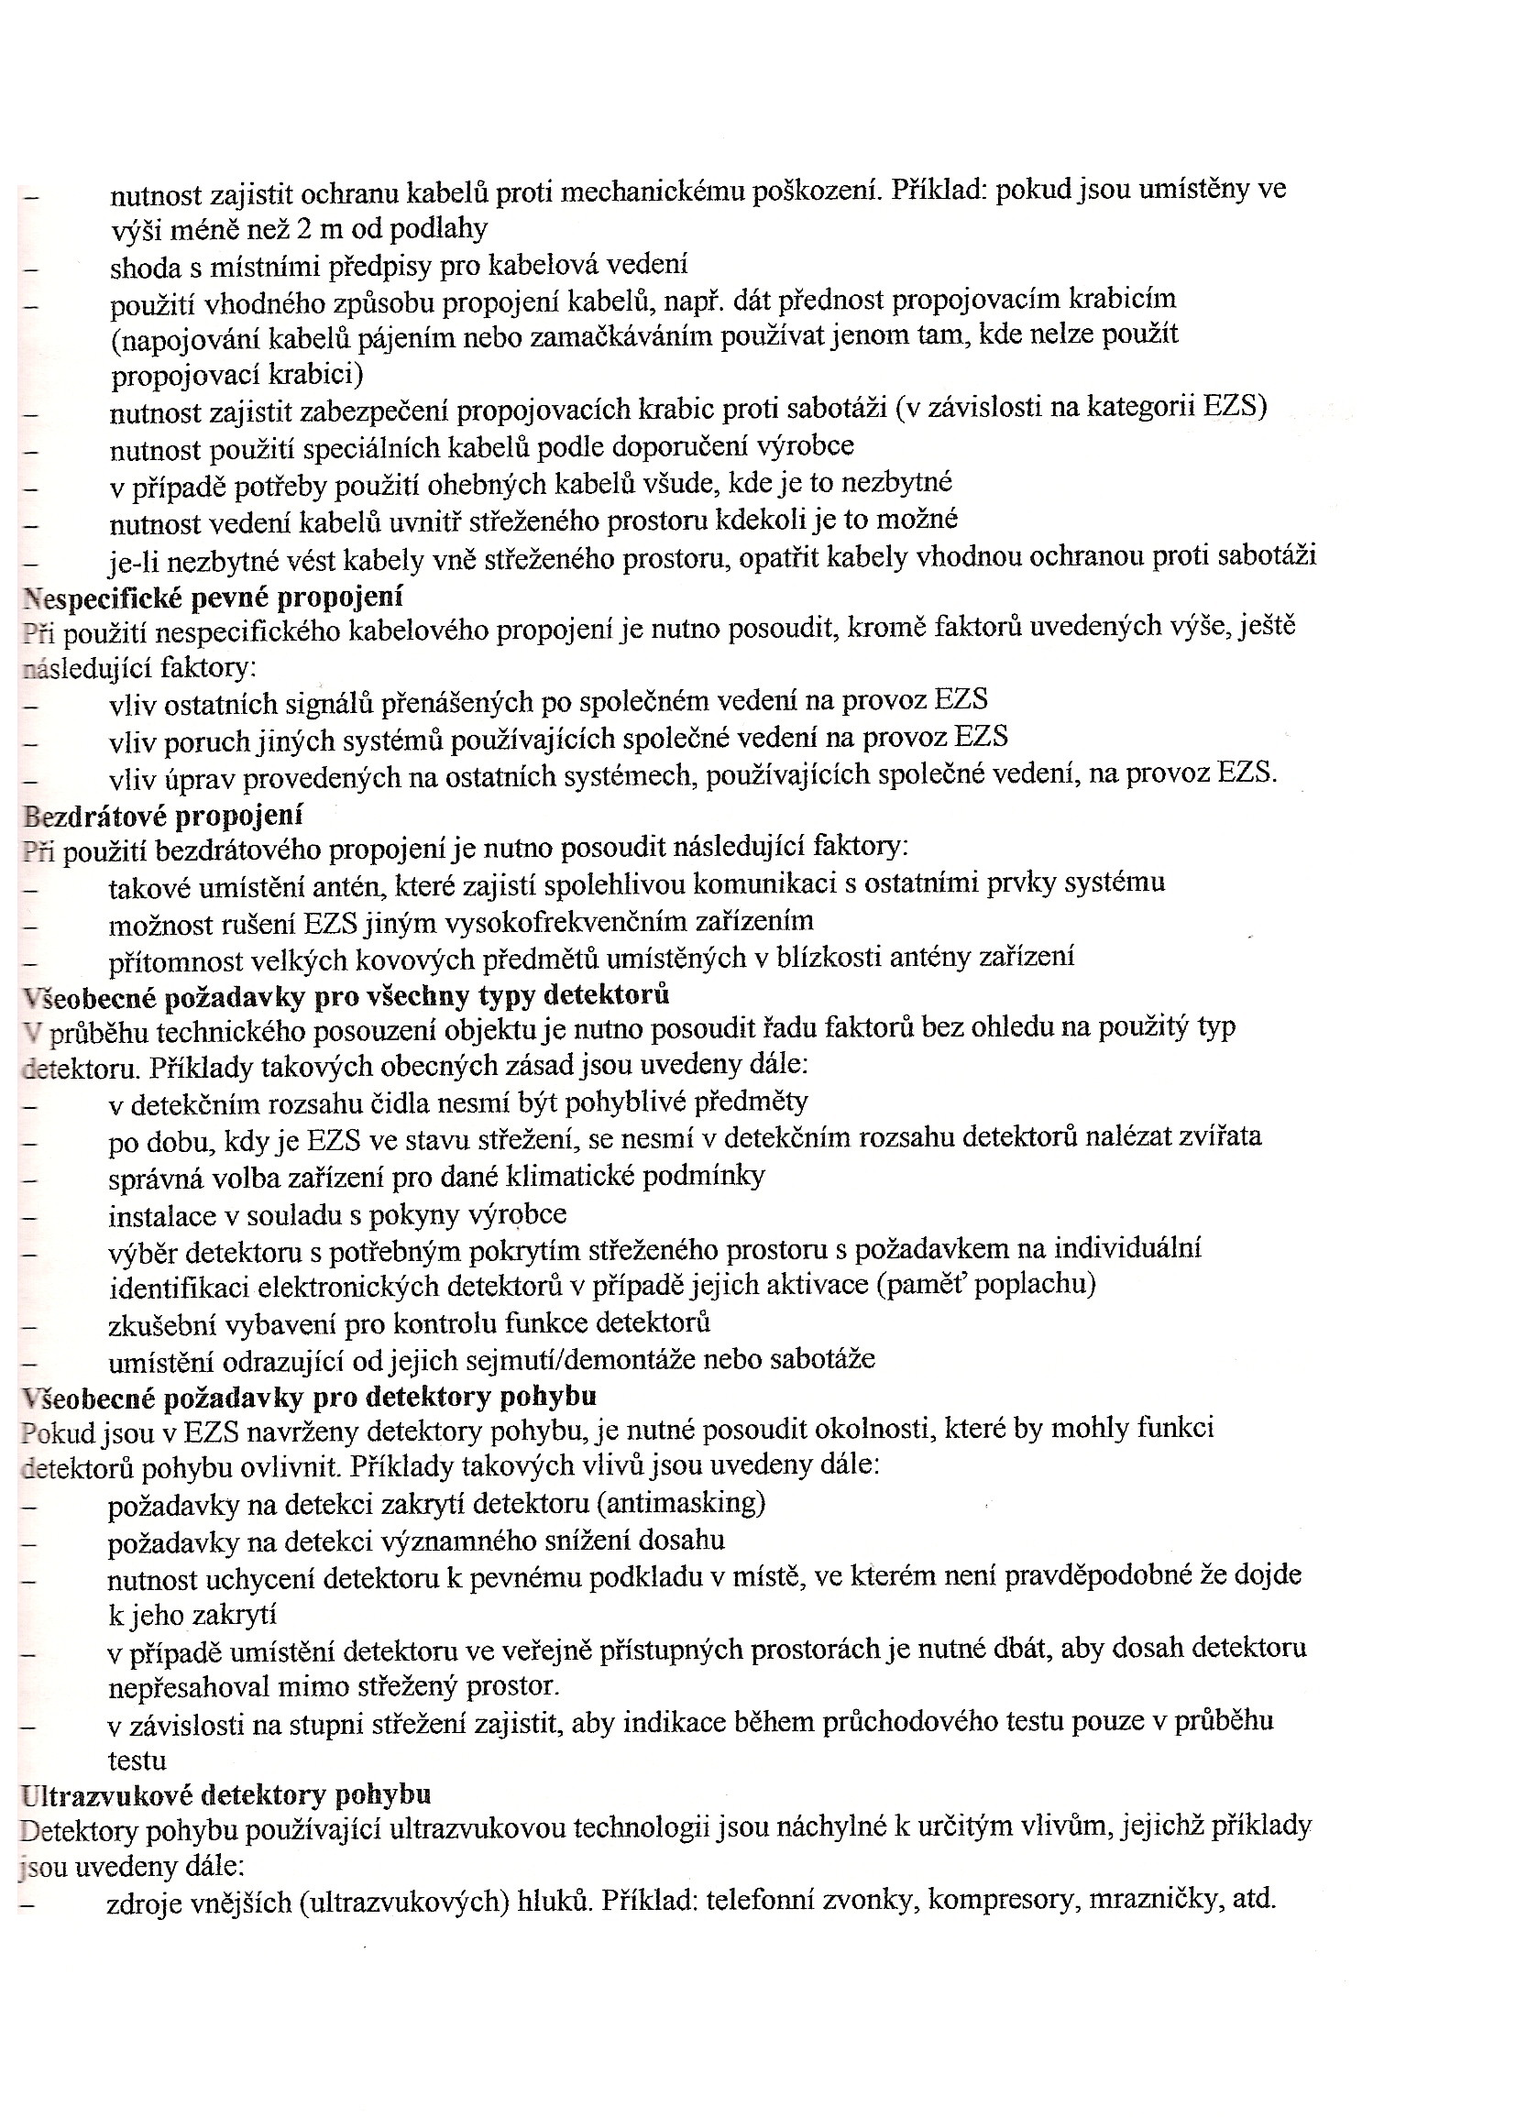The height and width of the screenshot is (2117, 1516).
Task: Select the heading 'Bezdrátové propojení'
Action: click(162, 816)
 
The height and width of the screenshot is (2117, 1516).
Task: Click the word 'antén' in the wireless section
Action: click(353, 884)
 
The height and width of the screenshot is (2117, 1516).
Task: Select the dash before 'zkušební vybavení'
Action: click(32, 1323)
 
